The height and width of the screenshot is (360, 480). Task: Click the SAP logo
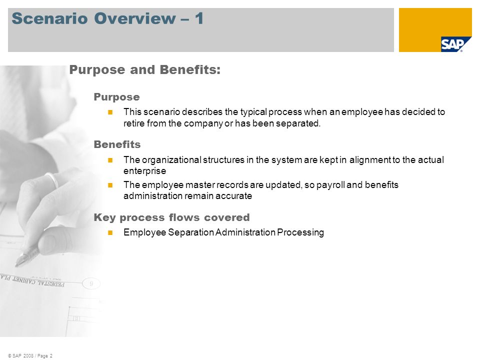click(452, 44)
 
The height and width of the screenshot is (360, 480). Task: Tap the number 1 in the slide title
click(199, 18)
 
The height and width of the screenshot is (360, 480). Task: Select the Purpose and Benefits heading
click(145, 70)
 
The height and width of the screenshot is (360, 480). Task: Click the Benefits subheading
click(117, 144)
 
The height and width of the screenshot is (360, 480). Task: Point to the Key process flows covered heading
click(171, 217)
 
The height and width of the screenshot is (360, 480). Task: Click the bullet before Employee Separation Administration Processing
click(110, 232)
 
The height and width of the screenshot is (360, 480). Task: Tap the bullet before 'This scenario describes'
click(110, 112)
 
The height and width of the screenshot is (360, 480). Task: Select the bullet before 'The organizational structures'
click(110, 160)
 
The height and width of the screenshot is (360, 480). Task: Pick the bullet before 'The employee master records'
click(110, 185)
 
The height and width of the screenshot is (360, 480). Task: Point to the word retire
click(134, 123)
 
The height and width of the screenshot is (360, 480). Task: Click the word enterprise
click(145, 171)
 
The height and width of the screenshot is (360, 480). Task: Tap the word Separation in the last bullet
click(191, 232)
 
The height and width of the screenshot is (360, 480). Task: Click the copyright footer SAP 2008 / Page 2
click(30, 355)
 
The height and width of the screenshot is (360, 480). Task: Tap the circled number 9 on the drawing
click(91, 284)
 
